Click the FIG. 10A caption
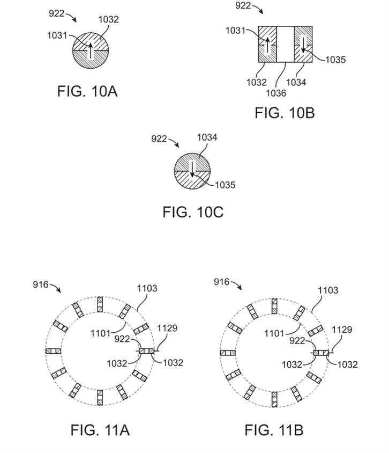click(87, 91)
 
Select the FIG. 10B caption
click(285, 113)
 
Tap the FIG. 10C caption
click(193, 212)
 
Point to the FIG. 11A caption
click(100, 430)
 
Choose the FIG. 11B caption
click(274, 430)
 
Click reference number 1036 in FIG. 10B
click(276, 93)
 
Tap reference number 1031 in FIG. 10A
click(57, 35)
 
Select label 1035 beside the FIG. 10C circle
click(225, 185)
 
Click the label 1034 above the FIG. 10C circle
click(207, 137)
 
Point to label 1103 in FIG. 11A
click(147, 288)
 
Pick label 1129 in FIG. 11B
click(342, 330)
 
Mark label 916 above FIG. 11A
click(41, 284)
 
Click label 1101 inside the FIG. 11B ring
click(274, 334)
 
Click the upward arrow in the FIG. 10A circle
click(91, 50)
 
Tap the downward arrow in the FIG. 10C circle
click(192, 170)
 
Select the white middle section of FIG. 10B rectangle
click(286, 44)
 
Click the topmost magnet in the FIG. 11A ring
click(100, 304)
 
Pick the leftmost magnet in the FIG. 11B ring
click(228, 353)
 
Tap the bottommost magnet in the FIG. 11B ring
click(274, 399)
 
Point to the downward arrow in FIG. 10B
click(303, 44)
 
